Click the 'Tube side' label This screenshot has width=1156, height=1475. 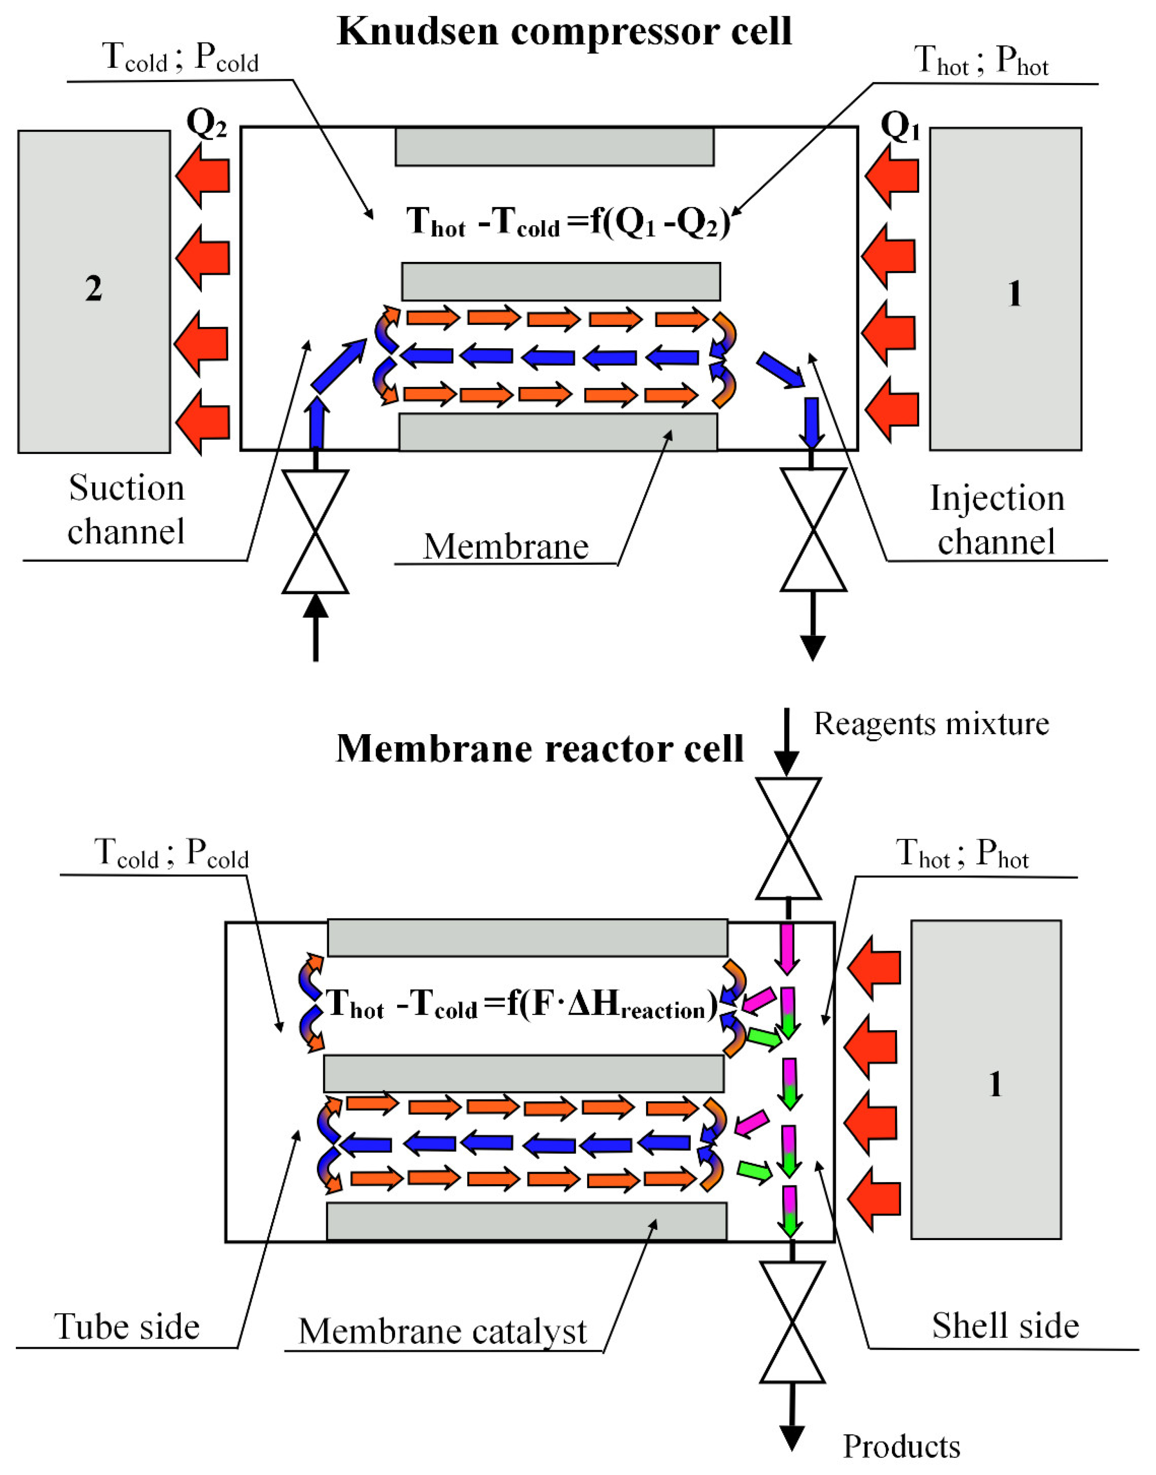[x=127, y=1326]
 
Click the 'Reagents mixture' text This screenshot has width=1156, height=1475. [x=931, y=723]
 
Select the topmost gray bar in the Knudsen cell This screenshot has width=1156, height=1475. [x=554, y=146]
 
